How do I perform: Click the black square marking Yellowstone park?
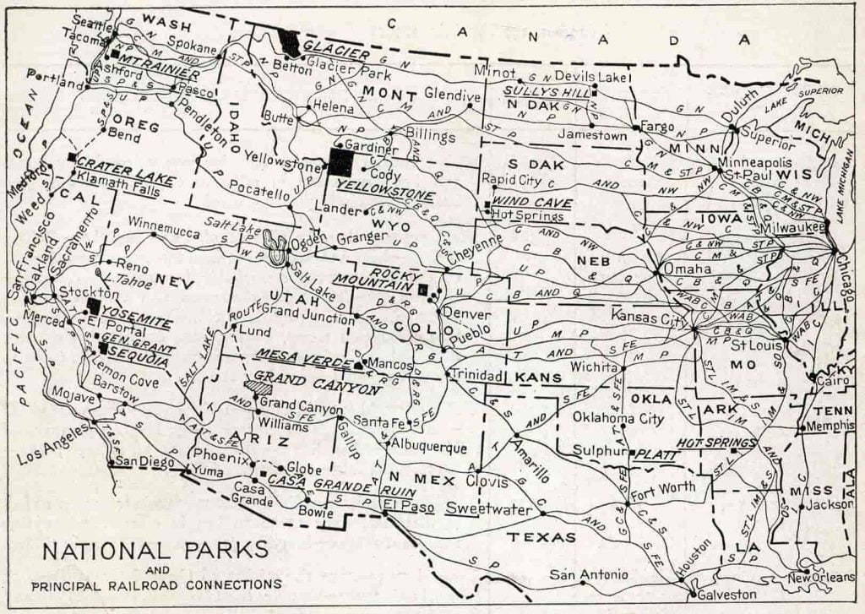coord(342,162)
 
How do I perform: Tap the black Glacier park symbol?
coord(290,42)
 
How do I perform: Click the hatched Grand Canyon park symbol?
coord(257,386)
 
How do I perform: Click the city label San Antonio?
coord(589,575)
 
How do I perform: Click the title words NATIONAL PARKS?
coord(155,551)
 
